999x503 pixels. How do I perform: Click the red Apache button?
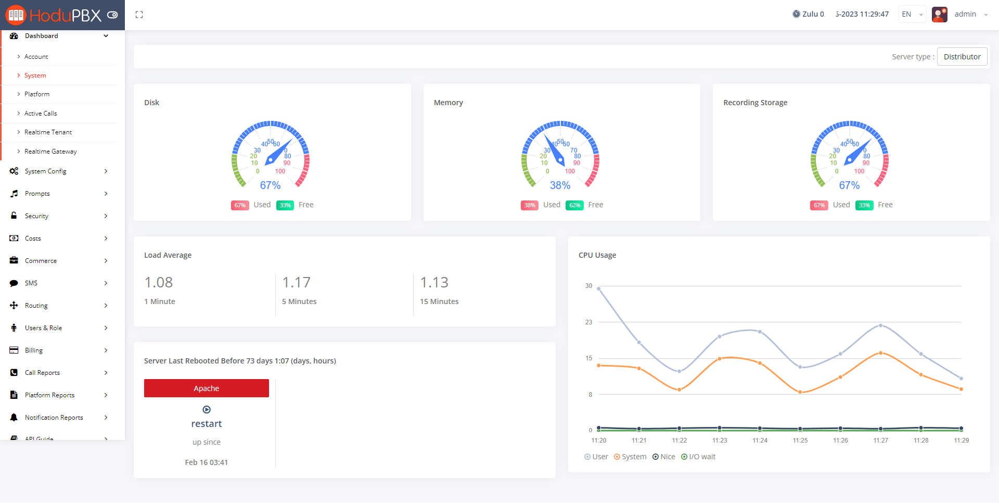click(206, 388)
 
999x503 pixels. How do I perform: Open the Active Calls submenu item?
click(41, 114)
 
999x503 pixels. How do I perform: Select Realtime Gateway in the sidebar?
click(50, 152)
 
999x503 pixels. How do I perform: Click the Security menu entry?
click(36, 216)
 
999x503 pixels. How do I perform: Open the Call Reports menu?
click(42, 373)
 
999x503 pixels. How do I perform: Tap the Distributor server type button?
click(962, 57)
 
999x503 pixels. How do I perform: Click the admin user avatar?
click(939, 15)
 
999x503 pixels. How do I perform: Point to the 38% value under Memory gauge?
click(560, 185)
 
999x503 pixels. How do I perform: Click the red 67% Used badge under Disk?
click(240, 205)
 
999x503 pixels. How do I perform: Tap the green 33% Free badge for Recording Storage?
click(864, 205)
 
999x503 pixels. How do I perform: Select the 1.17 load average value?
click(296, 282)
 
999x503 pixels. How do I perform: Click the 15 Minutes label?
click(439, 301)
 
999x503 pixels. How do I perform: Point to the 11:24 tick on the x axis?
click(760, 441)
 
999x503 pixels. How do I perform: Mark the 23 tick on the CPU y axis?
click(588, 322)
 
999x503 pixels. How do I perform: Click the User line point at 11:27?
click(880, 325)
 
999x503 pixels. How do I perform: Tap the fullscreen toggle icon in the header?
click(139, 15)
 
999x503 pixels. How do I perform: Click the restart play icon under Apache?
click(207, 410)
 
